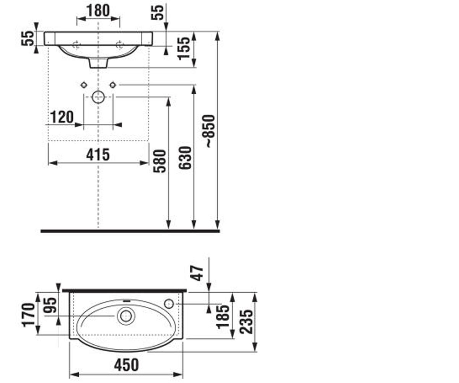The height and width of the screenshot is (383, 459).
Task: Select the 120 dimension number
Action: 62,117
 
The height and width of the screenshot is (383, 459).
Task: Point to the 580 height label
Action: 160,161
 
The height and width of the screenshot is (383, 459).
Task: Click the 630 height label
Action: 185,158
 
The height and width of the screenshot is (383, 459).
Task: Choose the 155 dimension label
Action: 183,48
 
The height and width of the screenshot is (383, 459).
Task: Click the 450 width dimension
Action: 126,365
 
